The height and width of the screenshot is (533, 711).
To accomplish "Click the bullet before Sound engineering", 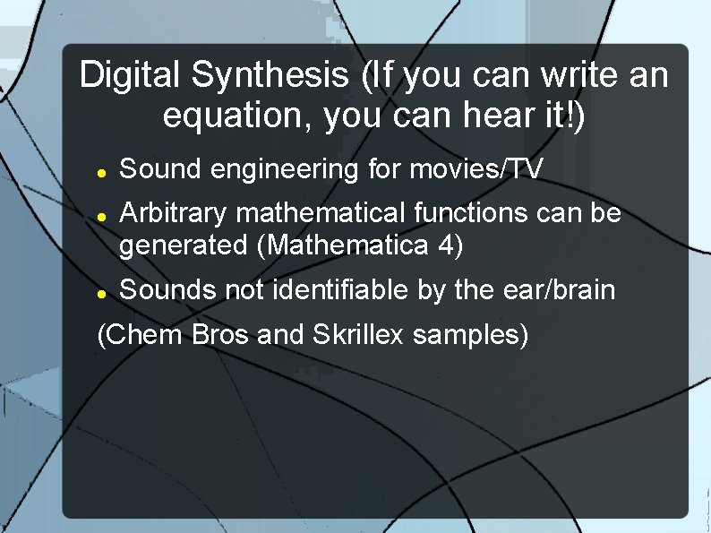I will tap(102, 170).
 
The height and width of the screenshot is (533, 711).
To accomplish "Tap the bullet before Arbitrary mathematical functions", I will tap(102, 215).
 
